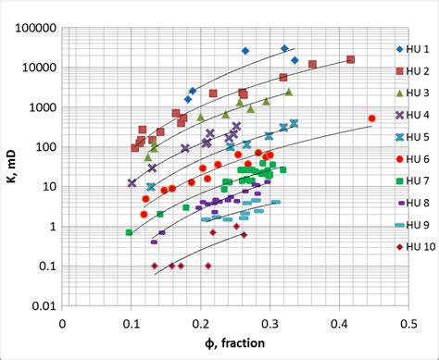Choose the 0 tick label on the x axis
62,324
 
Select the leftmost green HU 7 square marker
129,232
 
